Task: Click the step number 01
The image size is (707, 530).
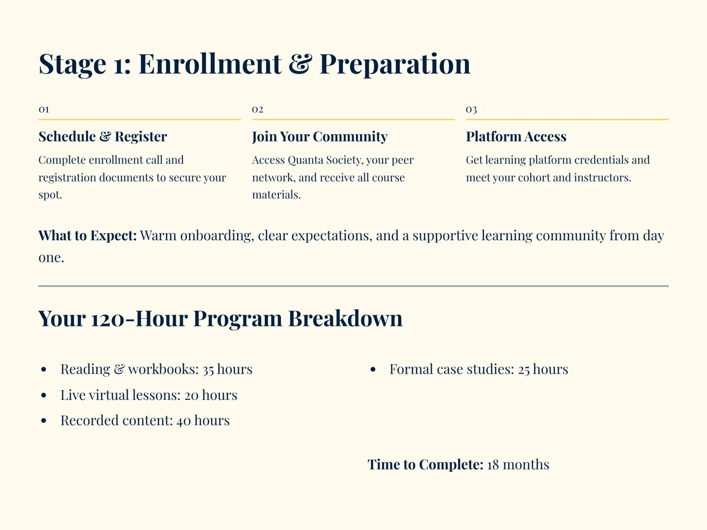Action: [x=44, y=109]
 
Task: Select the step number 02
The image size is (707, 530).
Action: [x=257, y=109]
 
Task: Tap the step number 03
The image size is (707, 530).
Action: [x=471, y=110]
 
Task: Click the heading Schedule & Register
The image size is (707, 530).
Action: [x=103, y=137]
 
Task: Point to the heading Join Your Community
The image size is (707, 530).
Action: [x=320, y=137]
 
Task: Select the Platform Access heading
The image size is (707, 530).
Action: [x=516, y=137]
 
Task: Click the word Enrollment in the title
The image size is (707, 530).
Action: [x=210, y=64]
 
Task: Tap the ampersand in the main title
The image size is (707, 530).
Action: [x=300, y=64]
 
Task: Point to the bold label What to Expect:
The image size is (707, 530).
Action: [x=87, y=236]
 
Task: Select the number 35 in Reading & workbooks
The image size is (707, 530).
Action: [x=208, y=370]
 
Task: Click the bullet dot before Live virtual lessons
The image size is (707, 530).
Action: [x=44, y=395]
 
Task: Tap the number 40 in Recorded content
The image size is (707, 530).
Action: [x=183, y=421]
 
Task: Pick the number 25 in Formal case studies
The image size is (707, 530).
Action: [x=524, y=370]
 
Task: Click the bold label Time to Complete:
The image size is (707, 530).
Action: [x=425, y=465]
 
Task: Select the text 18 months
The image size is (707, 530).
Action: [x=518, y=465]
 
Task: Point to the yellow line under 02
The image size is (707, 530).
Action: [x=353, y=119]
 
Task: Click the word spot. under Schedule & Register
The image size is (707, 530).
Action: [x=50, y=195]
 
